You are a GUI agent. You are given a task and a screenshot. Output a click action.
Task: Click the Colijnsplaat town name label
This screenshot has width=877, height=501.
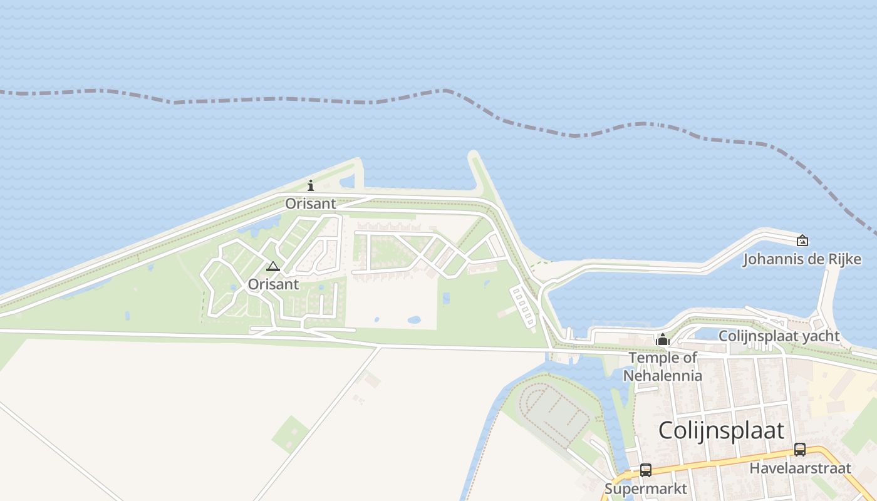[721, 430]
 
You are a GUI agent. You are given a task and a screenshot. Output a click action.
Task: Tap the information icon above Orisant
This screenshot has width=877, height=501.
[311, 185]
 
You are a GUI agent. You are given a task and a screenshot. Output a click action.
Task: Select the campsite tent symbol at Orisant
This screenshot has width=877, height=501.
[272, 267]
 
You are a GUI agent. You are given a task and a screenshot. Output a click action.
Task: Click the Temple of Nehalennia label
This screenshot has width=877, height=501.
[662, 366]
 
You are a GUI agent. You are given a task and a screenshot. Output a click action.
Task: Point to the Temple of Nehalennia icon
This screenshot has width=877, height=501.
[662, 340]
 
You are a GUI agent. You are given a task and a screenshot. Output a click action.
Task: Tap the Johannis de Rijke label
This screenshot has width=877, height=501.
[802, 259]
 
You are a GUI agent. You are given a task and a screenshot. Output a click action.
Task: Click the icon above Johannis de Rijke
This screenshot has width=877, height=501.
[802, 240]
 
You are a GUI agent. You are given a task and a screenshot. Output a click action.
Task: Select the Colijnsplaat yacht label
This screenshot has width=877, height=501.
[779, 336]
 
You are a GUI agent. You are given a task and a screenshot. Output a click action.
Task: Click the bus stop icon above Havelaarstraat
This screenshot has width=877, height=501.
[799, 449]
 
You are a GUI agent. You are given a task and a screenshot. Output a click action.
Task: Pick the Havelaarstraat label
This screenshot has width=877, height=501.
[800, 468]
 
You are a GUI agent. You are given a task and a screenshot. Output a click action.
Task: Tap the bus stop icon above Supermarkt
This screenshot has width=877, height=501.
[645, 470]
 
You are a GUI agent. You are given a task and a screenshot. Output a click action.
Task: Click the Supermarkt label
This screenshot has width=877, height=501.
[645, 488]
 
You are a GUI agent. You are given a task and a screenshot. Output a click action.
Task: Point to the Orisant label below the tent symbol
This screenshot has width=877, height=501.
[273, 284]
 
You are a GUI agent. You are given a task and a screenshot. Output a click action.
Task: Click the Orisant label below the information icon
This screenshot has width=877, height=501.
[311, 204]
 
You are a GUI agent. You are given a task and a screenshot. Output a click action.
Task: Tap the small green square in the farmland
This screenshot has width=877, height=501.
[290, 434]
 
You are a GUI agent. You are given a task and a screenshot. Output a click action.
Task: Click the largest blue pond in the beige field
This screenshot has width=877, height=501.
[414, 320]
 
